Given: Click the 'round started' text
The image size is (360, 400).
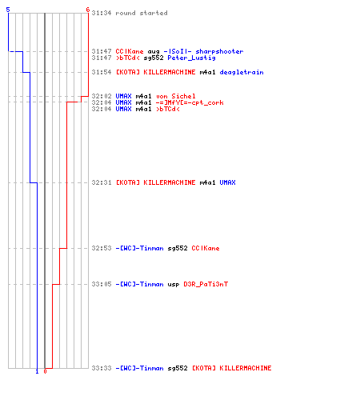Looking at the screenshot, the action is (142, 13).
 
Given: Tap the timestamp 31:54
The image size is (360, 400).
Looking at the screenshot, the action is (102, 72).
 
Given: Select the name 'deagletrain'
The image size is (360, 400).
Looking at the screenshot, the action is (242, 72).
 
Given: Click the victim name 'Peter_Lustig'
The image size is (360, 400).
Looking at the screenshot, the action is (191, 58).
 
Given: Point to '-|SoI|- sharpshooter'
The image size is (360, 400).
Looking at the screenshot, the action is (203, 51).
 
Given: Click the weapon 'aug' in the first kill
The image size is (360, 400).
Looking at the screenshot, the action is (154, 52).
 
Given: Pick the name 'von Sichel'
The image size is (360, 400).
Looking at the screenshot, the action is (176, 96).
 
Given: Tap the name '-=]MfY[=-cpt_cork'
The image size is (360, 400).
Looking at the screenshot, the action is (190, 102).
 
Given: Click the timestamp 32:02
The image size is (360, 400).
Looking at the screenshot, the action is (102, 96).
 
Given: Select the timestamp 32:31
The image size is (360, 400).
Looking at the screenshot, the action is (102, 182).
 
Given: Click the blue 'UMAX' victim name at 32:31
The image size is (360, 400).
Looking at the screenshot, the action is (228, 182).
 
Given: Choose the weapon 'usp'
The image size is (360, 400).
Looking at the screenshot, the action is (174, 285).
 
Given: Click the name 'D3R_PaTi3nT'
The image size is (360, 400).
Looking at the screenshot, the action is (206, 284).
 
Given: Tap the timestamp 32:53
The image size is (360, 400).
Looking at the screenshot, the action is (102, 248).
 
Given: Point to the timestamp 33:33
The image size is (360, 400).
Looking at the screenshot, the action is (102, 368).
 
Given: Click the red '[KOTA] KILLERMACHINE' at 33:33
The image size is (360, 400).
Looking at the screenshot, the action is (232, 368).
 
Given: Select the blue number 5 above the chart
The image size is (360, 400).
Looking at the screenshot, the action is (8, 10).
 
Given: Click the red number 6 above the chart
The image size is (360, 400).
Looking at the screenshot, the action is (88, 10).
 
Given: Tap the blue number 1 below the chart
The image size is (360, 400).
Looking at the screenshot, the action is (37, 371).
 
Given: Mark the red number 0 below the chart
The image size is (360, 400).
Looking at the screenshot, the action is (45, 371).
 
